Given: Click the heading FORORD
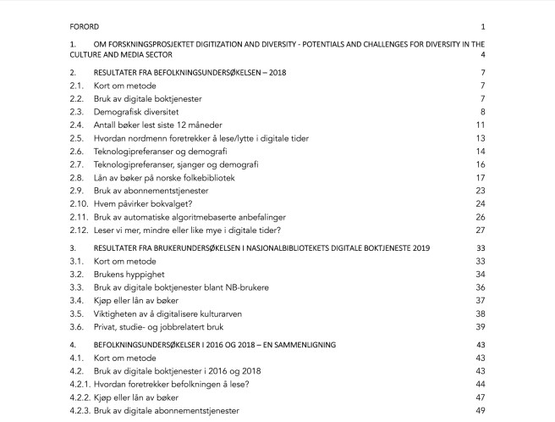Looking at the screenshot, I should (85, 25).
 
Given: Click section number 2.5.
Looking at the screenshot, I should (77, 138).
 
